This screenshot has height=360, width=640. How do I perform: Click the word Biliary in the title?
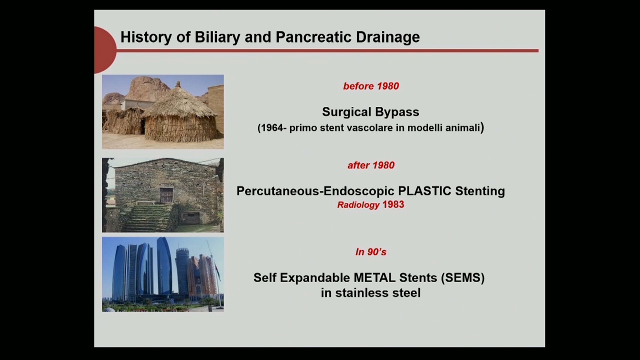(217, 37)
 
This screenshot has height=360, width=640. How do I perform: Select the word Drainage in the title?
(388, 37)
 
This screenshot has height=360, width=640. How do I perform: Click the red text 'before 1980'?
(371, 86)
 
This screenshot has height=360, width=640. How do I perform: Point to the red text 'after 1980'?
(371, 165)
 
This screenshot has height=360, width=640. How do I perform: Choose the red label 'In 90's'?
(371, 251)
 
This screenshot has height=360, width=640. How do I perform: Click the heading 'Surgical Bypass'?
(370, 111)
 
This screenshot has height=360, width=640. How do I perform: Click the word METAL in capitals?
(374, 277)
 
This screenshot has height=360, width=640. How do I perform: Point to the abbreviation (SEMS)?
(463, 277)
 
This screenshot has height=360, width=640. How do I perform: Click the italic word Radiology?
(358, 205)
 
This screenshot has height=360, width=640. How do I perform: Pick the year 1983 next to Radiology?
(393, 204)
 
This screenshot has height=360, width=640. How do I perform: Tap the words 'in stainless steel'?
(370, 293)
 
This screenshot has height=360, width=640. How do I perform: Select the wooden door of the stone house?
(166, 195)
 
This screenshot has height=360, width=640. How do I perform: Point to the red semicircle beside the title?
(104, 50)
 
